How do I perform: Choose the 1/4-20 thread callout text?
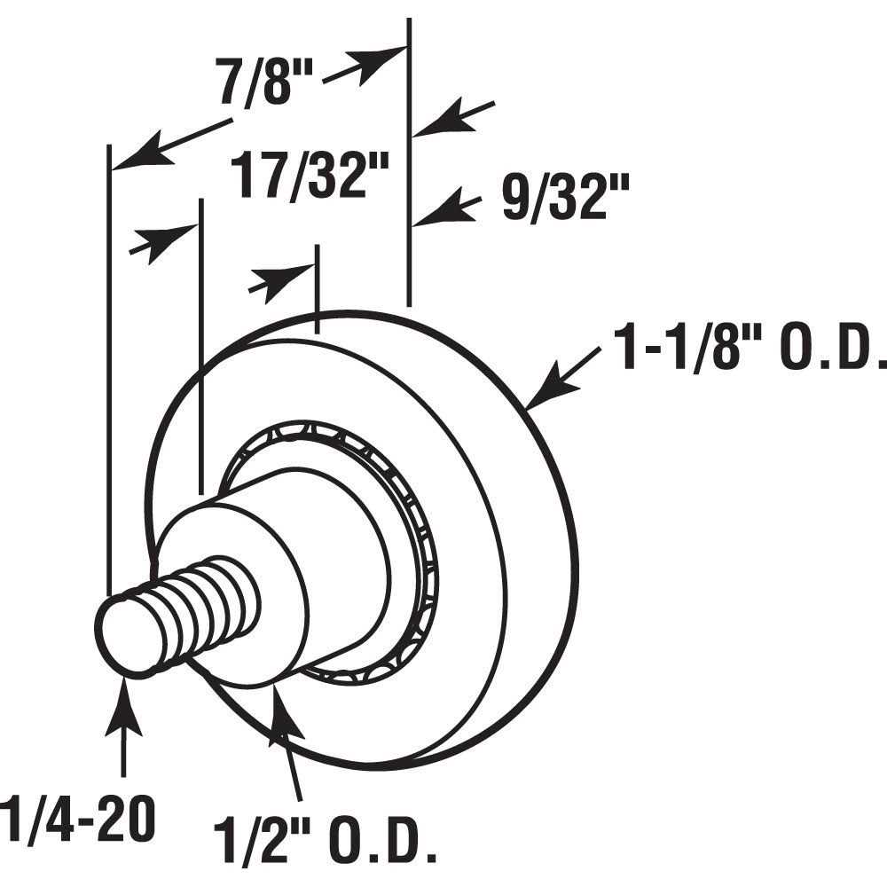tap(75, 820)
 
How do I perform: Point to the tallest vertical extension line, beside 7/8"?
tap(409, 160)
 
